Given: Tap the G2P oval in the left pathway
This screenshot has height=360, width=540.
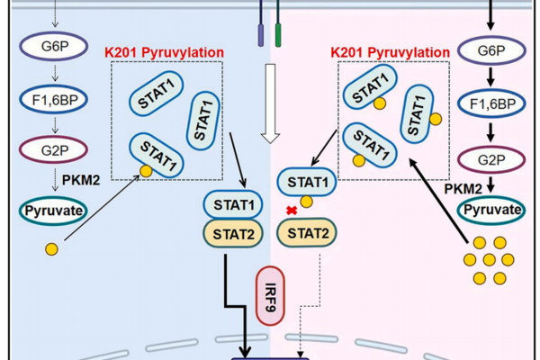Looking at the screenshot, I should point(53,145).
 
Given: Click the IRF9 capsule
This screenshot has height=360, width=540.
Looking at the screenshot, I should point(271,294).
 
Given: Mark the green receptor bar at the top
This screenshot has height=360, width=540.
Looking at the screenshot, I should point(279,34).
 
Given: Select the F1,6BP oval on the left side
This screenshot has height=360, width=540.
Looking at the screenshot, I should point(53,94).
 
